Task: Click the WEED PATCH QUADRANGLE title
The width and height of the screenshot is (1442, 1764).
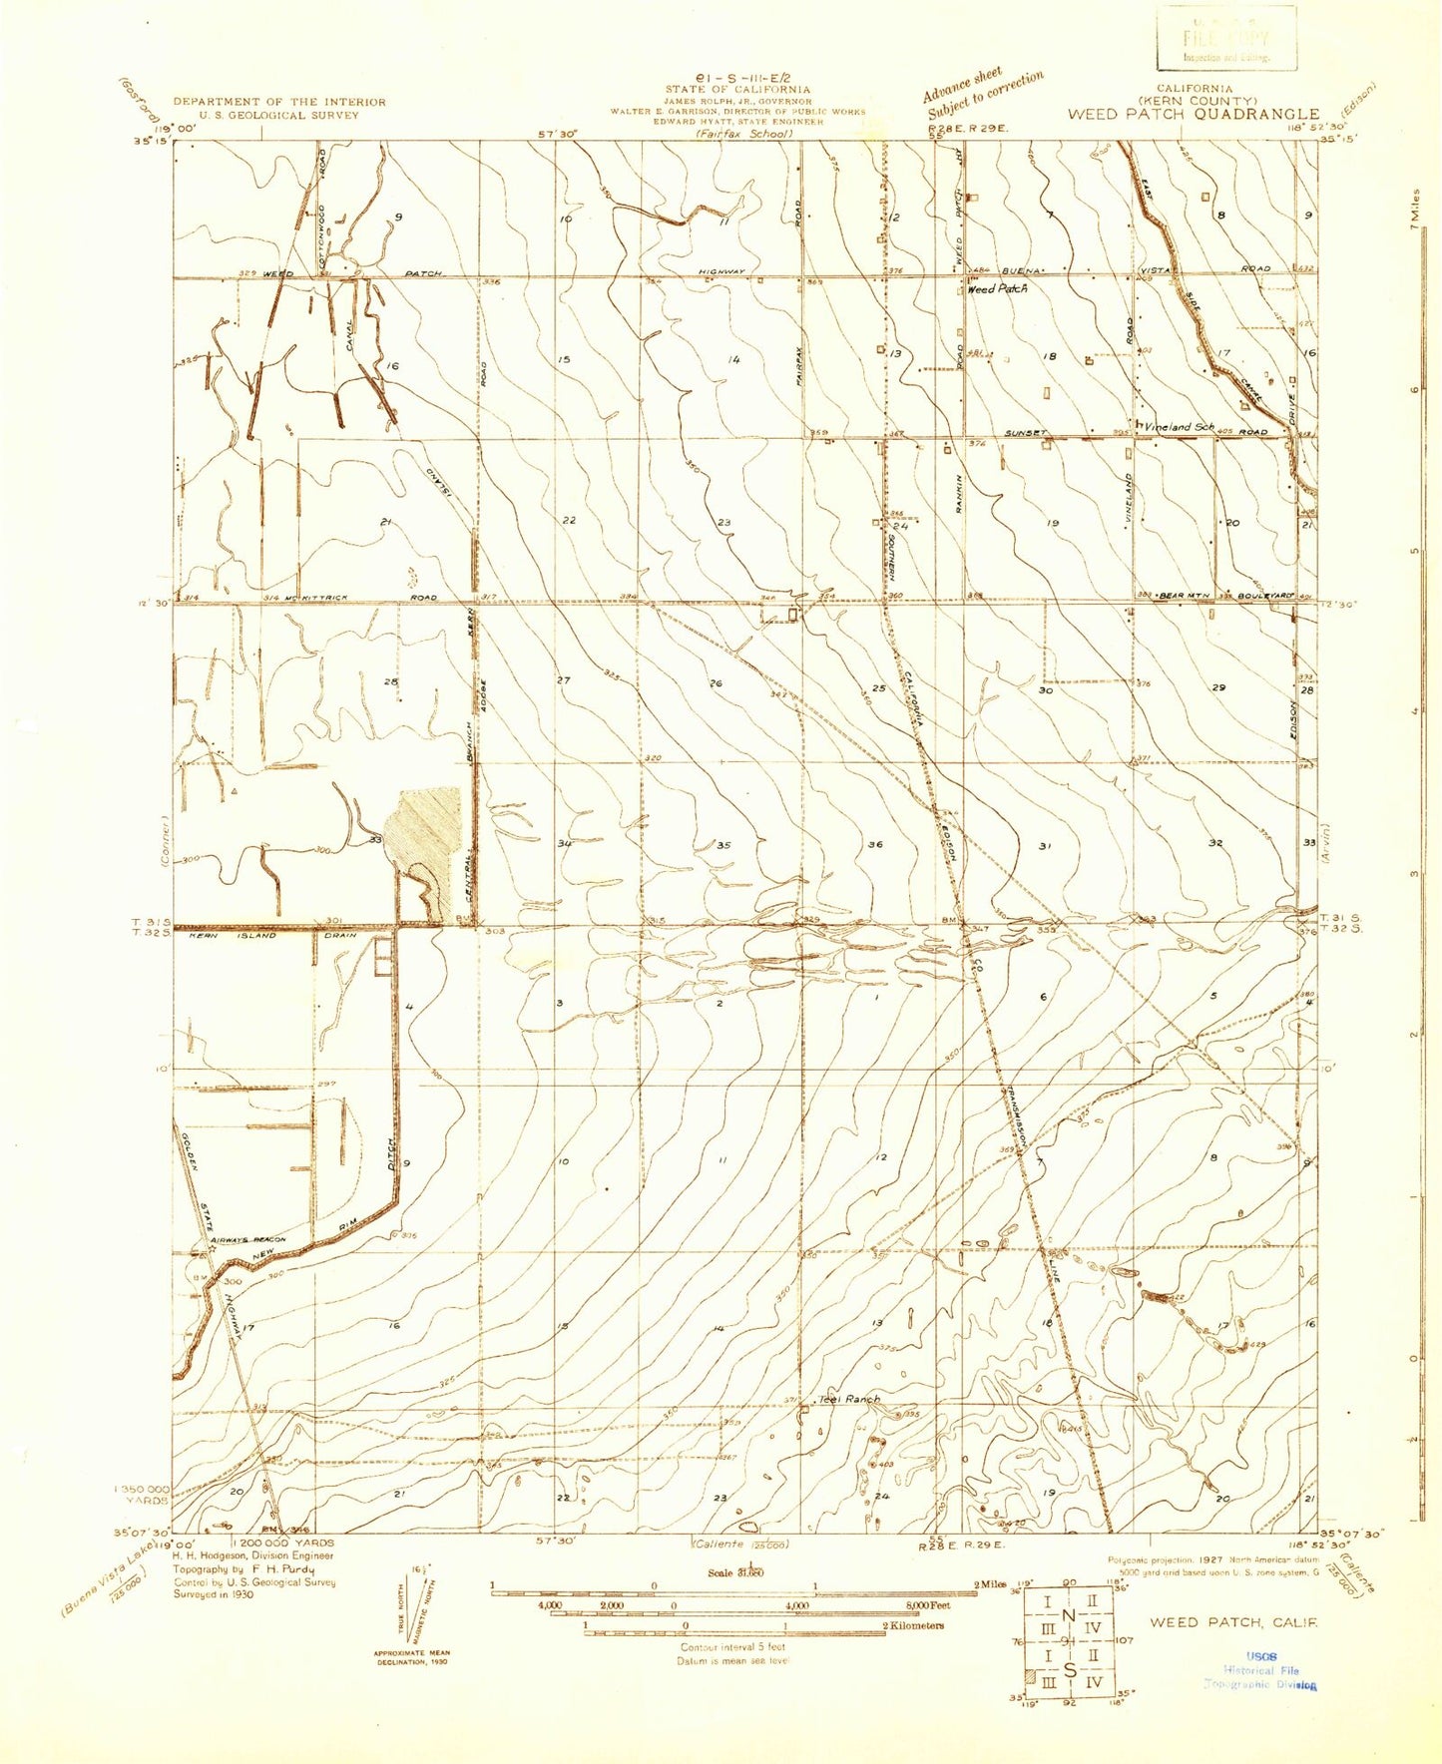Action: pos(1193,114)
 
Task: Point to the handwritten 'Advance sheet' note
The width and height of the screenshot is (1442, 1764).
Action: pos(962,86)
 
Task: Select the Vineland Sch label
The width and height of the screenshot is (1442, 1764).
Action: pos(1180,427)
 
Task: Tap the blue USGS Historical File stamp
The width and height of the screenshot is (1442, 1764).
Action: pos(1261,1669)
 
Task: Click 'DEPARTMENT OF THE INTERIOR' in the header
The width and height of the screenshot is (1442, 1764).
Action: pos(279,102)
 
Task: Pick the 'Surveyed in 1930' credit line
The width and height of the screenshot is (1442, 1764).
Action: pos(214,1593)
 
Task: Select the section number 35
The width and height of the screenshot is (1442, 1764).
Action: pos(723,845)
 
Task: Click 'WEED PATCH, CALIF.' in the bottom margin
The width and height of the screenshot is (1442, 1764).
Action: pos(1233,1622)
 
